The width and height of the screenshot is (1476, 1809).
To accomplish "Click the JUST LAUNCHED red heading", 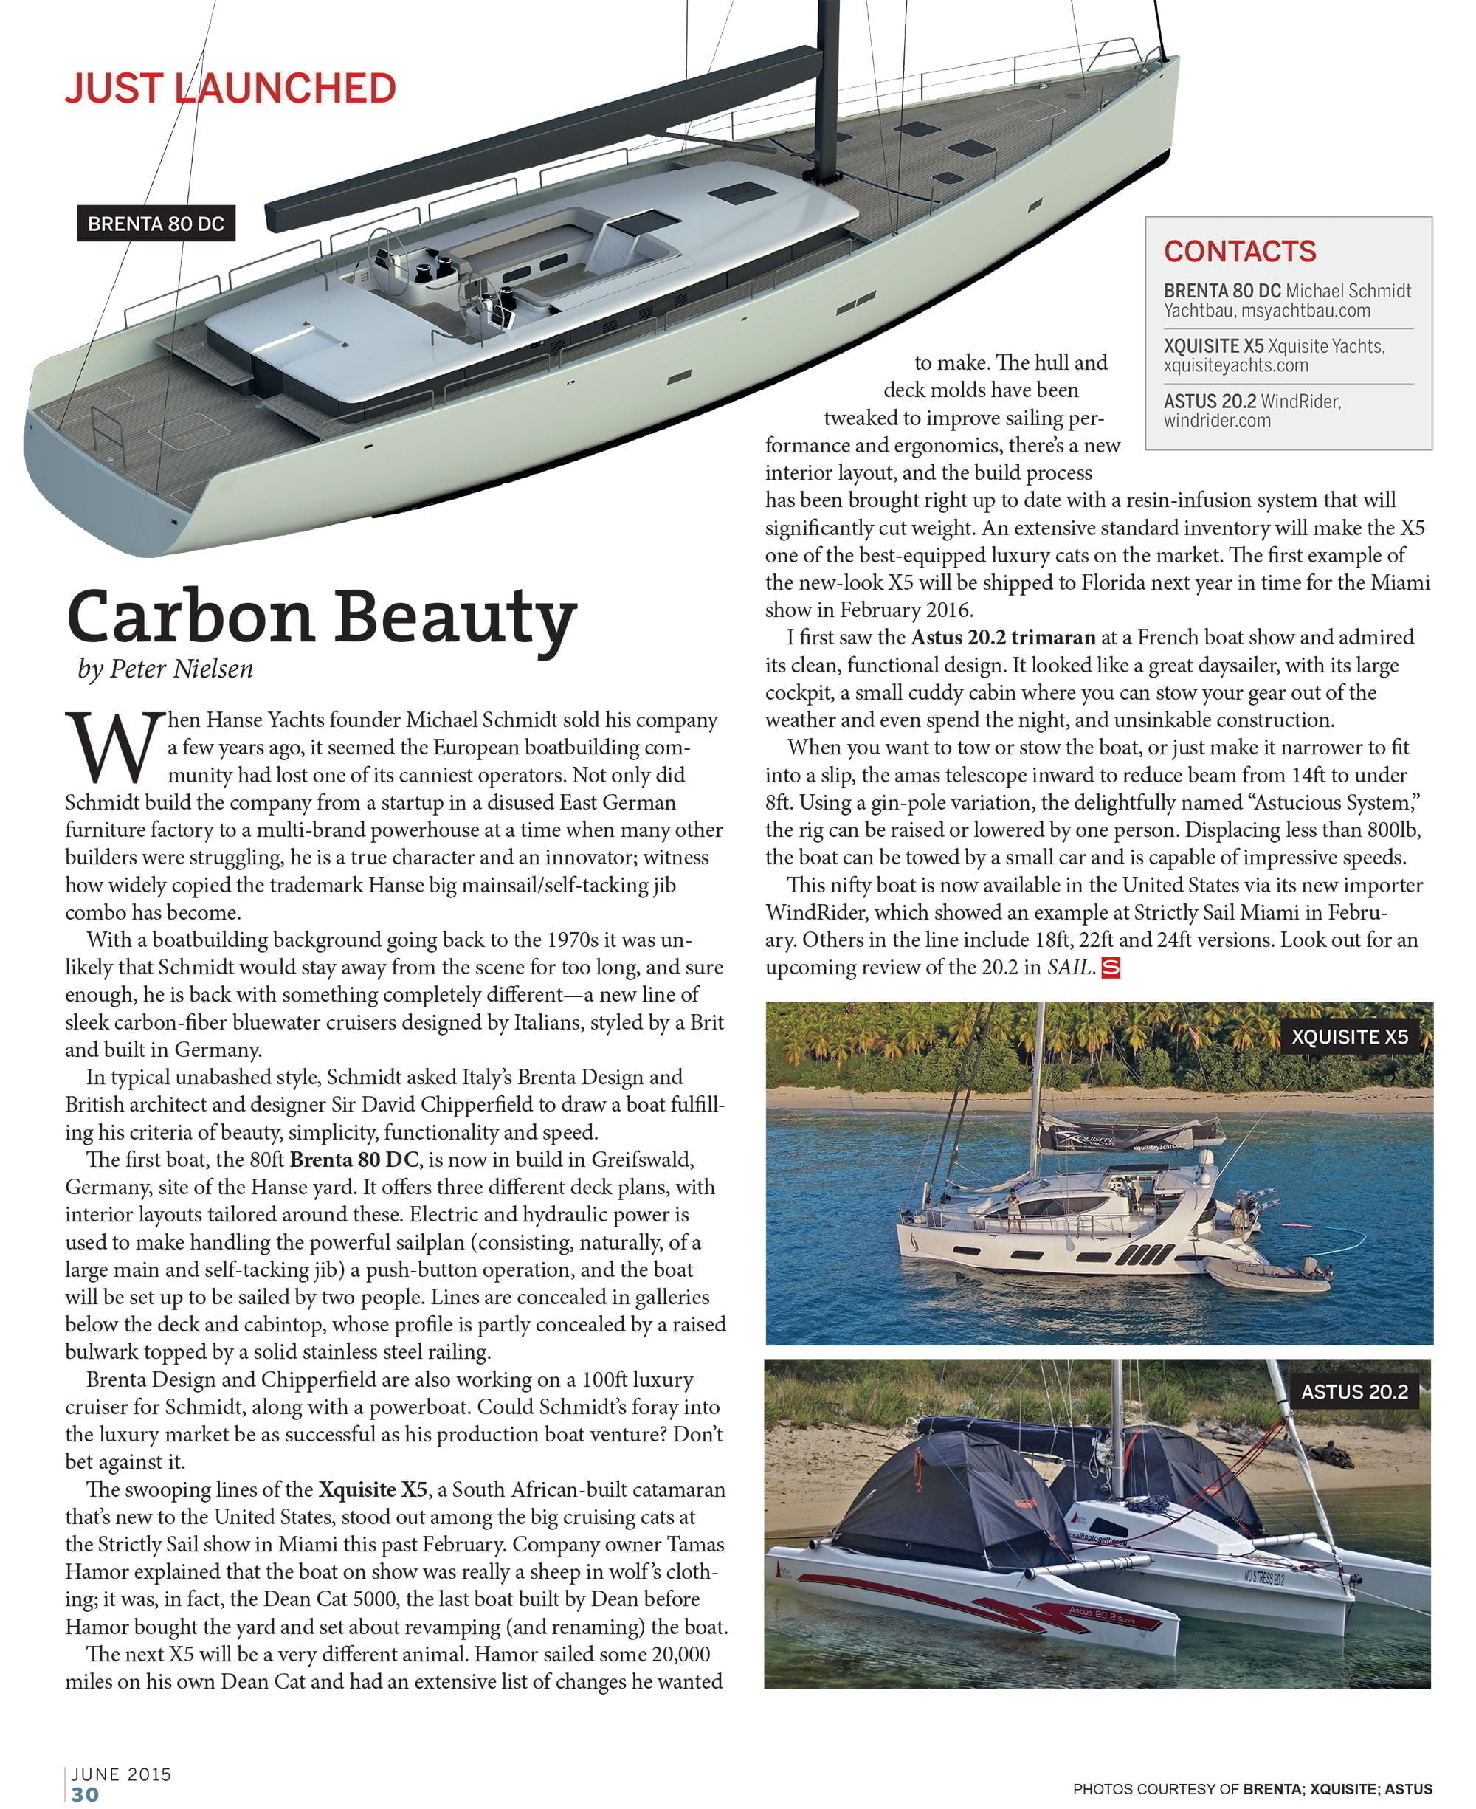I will (230, 89).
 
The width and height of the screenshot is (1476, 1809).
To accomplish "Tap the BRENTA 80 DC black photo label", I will (156, 224).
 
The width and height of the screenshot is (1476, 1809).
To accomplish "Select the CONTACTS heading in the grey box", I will (1240, 252).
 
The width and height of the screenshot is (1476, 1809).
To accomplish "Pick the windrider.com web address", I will (1217, 420).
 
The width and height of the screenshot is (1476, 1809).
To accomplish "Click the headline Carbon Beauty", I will (321, 617).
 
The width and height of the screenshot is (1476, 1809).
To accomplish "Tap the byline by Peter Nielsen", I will (166, 669).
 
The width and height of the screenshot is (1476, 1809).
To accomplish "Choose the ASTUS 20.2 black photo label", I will (1354, 1391).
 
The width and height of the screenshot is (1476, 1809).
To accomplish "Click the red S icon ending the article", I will (1111, 968).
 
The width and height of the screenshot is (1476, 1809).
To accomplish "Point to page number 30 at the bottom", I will (85, 1794).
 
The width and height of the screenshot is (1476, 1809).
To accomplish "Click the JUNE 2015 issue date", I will (122, 1774).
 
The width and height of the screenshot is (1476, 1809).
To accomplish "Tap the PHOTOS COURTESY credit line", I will (1252, 1788).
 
